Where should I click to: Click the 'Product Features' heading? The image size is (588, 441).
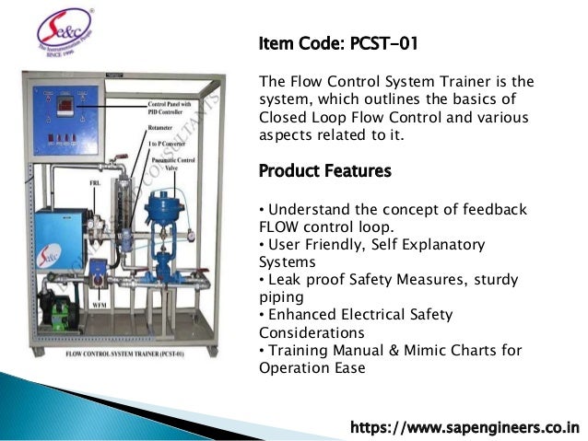pos(324,171)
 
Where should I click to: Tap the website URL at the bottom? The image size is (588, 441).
pos(465,427)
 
